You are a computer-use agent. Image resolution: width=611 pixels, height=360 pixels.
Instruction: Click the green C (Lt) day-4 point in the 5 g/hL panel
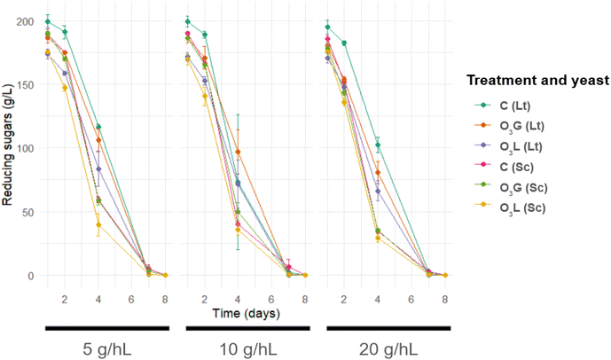[x=98, y=127]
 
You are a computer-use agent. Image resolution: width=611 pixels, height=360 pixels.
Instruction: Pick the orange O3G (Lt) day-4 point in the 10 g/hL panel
[x=238, y=153]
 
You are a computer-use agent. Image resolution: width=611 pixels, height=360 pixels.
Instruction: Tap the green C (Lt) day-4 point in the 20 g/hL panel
[x=378, y=145]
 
